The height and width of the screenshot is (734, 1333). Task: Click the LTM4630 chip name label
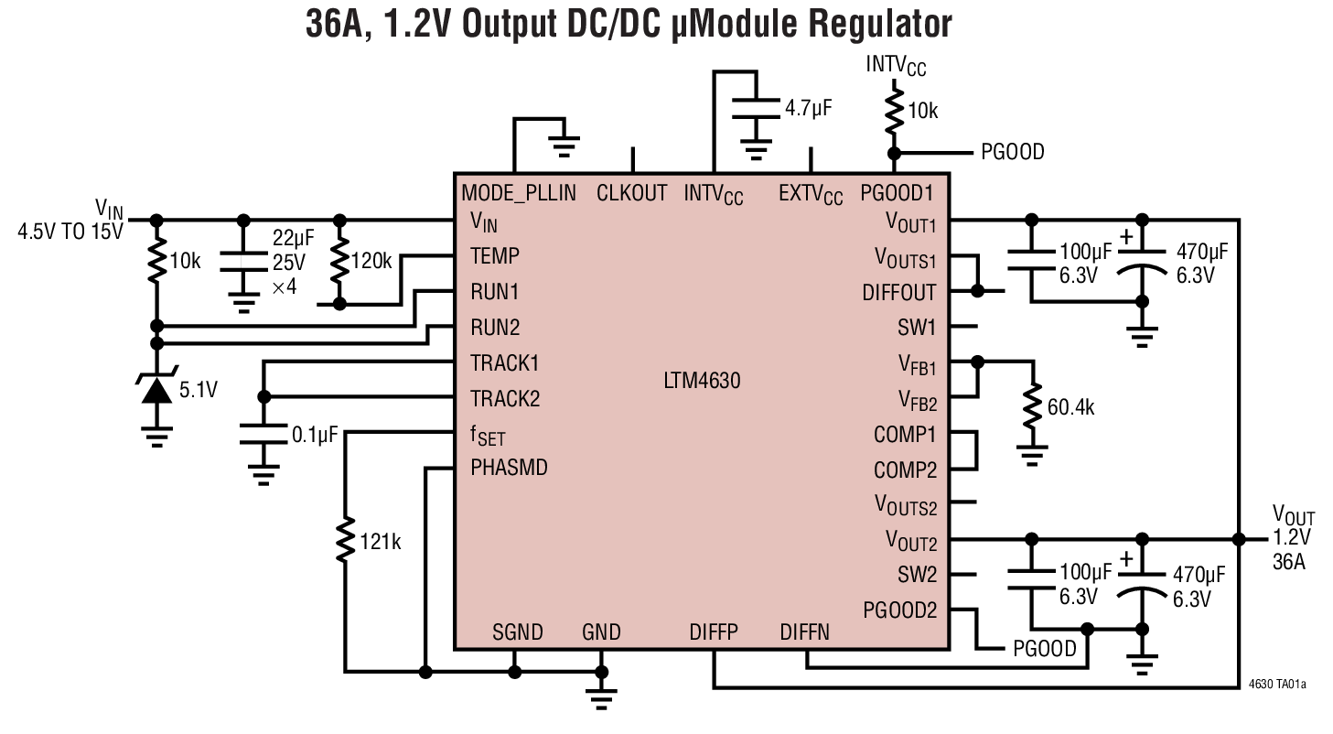pos(702,380)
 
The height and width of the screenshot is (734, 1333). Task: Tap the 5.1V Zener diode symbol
pos(158,391)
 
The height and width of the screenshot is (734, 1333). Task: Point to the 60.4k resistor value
pos(1070,408)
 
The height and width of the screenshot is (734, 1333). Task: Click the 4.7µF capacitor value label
pos(808,108)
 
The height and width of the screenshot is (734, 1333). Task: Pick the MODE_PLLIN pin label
pos(519,193)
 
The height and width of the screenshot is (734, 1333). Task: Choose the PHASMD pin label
pos(509,468)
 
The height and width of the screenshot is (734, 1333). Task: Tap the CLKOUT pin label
pos(631,193)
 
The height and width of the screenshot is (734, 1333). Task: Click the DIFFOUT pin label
pos(898,293)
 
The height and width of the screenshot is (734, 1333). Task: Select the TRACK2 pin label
pos(504,399)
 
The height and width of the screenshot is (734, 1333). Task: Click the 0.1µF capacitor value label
pos(314,436)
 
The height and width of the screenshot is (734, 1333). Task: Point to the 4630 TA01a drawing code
pos(1277,683)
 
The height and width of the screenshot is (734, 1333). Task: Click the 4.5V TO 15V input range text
pos(70,232)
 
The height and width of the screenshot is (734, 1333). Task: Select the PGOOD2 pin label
pos(899,610)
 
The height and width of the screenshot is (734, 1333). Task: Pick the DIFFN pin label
pos(804,632)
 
